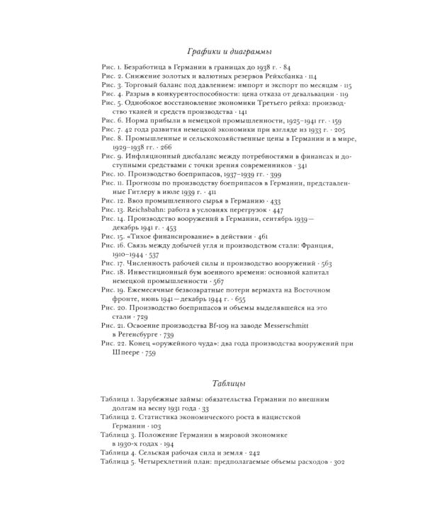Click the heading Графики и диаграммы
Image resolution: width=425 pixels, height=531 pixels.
coord(229,52)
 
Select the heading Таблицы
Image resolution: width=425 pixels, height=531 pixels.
coord(229,384)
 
